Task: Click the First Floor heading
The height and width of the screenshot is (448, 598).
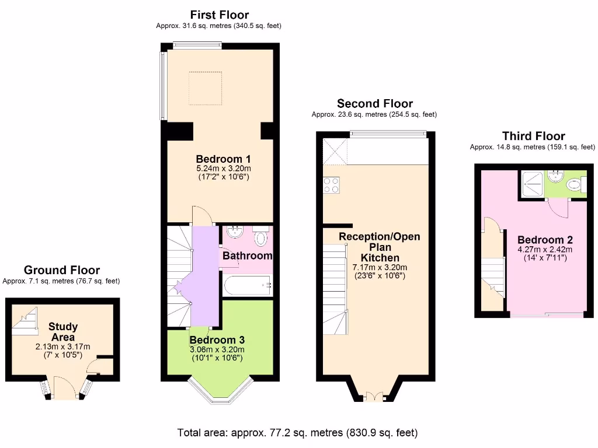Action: click(x=219, y=15)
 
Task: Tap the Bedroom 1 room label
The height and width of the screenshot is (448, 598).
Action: click(x=223, y=159)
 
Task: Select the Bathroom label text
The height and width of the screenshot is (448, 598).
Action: click(x=248, y=256)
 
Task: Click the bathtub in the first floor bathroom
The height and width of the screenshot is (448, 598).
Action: click(x=248, y=286)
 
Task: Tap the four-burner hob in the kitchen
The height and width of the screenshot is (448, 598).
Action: click(x=331, y=185)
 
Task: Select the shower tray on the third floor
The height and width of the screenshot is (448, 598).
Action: click(x=531, y=183)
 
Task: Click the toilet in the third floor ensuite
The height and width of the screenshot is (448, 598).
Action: click(x=575, y=185)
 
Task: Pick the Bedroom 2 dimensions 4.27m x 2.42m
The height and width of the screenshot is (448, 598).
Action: click(x=545, y=250)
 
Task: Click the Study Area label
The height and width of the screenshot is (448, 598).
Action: click(x=63, y=332)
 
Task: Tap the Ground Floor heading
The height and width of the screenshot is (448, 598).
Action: click(x=61, y=270)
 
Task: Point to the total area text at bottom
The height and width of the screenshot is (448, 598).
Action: click(x=298, y=433)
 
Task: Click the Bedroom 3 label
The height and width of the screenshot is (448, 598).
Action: click(x=217, y=340)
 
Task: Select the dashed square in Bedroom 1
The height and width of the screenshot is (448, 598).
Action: click(x=205, y=88)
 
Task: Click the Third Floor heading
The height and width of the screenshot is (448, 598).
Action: click(x=533, y=136)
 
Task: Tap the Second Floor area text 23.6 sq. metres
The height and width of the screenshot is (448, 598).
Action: click(x=374, y=115)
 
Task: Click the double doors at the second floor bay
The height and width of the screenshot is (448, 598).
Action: click(x=374, y=397)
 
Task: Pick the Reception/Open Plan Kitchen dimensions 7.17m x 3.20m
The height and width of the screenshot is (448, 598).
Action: click(x=380, y=267)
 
